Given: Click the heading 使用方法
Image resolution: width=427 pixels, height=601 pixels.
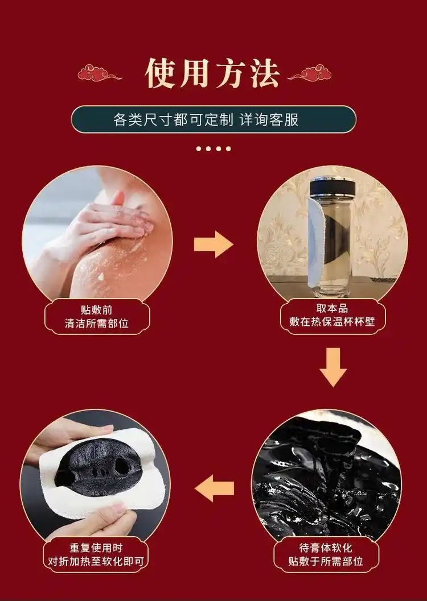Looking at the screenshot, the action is coord(212,73).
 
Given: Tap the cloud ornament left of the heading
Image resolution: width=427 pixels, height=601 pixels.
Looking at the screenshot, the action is coord(100,73).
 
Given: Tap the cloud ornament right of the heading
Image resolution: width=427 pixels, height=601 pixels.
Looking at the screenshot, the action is coord(309,73).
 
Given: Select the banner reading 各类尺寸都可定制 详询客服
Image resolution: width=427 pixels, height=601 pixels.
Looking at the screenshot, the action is coord(213,119).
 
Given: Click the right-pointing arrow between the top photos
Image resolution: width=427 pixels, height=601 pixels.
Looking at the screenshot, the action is coord(213,244).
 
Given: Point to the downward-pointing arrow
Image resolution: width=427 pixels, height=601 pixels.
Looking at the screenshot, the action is coord(333,367).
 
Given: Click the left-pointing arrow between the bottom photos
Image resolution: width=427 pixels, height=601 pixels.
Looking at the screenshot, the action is coord(214,488).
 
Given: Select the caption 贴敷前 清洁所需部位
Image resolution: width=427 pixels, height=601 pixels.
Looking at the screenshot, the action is coord(97,317).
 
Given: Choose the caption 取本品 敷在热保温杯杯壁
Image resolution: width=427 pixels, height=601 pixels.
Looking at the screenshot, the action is coord(332,315).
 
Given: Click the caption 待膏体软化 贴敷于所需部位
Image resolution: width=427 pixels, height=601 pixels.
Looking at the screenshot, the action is coord(326,554).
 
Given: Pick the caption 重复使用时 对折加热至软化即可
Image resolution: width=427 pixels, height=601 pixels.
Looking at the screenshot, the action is coord(96,554).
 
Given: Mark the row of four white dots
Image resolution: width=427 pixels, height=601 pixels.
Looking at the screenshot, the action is coord(213,149).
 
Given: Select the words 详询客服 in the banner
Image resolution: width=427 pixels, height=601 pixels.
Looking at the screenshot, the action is coord(269,119).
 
